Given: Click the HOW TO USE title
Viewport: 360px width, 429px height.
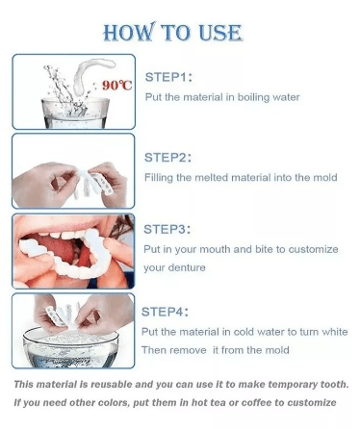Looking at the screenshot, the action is pos(172,33).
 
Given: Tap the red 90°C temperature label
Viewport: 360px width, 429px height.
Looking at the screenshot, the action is pos(117,86).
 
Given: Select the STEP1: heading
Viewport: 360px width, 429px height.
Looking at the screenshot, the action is pos(168,77).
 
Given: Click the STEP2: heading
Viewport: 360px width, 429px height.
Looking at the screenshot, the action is pos(167,158).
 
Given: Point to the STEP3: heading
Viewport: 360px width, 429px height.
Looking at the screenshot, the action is pos(167,229).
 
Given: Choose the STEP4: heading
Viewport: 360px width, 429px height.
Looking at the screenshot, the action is pos(165,312).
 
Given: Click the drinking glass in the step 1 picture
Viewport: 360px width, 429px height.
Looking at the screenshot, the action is pos(75,114).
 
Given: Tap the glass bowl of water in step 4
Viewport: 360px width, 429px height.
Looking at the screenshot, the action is pos(70,348).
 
